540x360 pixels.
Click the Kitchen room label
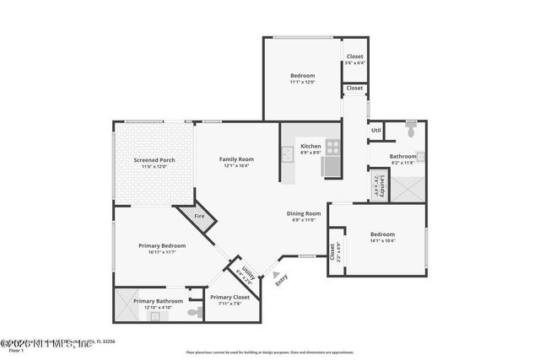tap(310, 146)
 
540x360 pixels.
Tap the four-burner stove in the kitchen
tap(332, 146)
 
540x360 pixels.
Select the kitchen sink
tap(288, 153)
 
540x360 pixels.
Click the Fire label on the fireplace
tap(199, 217)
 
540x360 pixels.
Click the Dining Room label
tap(304, 213)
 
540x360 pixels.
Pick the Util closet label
tap(376, 131)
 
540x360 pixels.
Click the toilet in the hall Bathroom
tap(411, 132)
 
